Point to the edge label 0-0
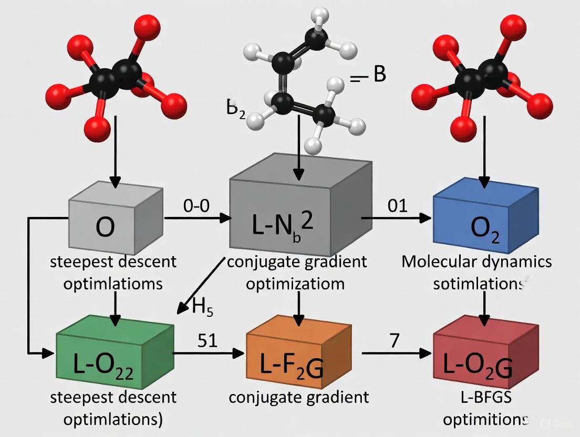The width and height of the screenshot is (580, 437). click(x=196, y=205)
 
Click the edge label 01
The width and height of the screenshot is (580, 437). click(x=398, y=205)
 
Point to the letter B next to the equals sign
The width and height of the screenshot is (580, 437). click(x=379, y=75)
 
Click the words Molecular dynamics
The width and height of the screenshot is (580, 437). click(x=477, y=262)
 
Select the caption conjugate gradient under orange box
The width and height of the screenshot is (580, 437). click(x=298, y=398)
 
